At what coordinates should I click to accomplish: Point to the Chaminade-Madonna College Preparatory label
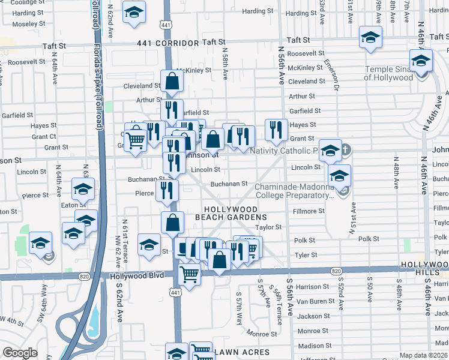[294, 191]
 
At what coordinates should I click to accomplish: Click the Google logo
[20, 353]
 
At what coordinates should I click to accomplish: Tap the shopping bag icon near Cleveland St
[172, 82]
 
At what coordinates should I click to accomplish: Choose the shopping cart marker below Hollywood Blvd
[190, 275]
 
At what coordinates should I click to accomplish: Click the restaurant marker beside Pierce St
[167, 190]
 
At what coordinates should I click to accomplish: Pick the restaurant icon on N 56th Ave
[276, 129]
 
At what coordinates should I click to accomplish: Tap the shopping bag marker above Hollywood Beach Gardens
[172, 223]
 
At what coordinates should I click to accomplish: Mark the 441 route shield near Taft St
[164, 23]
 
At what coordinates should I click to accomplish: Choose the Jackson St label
[310, 316]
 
